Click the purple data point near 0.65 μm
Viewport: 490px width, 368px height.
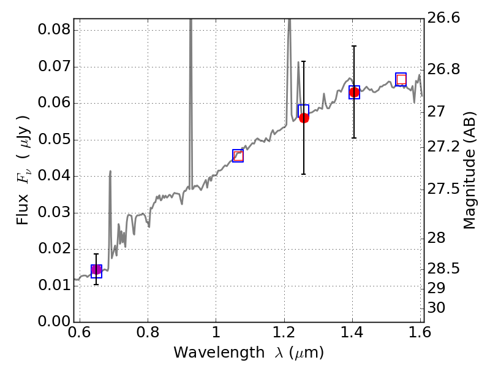point(96,269)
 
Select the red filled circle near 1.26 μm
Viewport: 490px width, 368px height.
point(304,118)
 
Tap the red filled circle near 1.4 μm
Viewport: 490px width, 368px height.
point(354,93)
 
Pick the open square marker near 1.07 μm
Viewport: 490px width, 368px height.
point(238,156)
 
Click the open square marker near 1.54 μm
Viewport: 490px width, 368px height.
point(401,79)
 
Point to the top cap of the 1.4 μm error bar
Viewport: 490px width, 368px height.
point(354,47)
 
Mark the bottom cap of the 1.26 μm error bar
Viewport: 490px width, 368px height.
point(303,174)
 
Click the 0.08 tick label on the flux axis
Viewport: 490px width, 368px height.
point(54,30)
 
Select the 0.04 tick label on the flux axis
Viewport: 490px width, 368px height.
point(54,176)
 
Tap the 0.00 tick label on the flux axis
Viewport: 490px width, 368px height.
point(54,321)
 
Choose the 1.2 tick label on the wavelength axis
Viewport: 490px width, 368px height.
point(284,332)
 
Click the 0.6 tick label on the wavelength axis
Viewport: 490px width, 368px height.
point(80,332)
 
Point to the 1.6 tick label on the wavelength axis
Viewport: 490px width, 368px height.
point(420,332)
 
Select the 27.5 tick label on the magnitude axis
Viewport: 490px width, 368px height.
point(443,189)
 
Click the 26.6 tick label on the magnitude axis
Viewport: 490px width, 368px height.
point(443,18)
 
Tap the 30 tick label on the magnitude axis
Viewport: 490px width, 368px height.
point(436,308)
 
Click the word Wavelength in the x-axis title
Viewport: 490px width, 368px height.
point(219,353)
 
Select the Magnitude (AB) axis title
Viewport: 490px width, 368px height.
point(469,171)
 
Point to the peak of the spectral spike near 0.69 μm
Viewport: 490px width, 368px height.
point(110,171)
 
